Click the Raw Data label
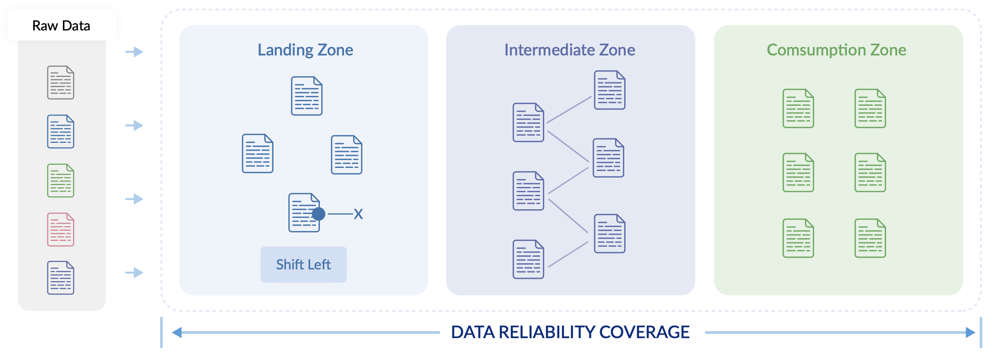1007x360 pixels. pos(61,26)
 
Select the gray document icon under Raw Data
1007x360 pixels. pos(61,82)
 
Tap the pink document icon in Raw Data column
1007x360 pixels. pos(61,230)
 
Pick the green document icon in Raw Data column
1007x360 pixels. pos(61,180)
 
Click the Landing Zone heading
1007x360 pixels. pos(305,50)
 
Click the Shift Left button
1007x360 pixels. pos(304,265)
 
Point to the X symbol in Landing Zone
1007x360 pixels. pos(358,214)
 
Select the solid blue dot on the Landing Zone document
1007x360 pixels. pos(319,214)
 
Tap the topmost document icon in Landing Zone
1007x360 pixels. pos(307,96)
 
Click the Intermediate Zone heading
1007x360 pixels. pos(570,50)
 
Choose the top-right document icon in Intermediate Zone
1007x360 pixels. pos(609,90)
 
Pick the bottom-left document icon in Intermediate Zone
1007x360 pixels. pos(528,259)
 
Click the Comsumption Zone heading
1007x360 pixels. pos(836,50)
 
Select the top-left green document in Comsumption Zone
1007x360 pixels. pos(798,108)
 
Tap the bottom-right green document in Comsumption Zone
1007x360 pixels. pos(870,238)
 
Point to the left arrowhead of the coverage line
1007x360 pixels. pos(177,333)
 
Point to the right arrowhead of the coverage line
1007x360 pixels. pos(970,333)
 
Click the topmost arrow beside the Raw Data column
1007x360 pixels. pos(134,52)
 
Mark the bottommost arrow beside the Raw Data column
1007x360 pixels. pos(134,273)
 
